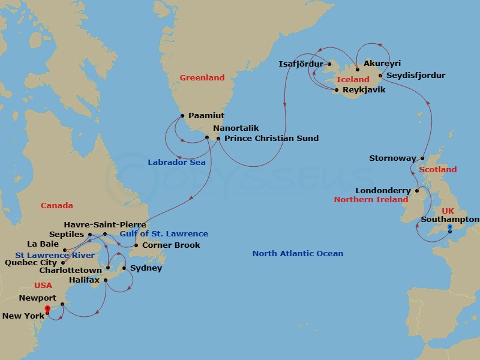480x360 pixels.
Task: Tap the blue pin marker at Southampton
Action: point(449,228)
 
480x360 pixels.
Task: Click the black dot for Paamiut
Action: point(182,116)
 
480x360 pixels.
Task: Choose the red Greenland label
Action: point(202,77)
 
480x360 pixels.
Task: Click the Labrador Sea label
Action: point(176,162)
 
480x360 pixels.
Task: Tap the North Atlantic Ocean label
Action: point(298,254)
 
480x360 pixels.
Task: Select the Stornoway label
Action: point(392,158)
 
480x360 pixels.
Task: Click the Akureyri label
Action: point(382,64)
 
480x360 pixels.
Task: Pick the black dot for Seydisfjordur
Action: point(380,76)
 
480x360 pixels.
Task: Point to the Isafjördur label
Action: point(301,64)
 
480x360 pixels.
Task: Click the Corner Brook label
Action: point(171,245)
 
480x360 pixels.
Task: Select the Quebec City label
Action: point(31,263)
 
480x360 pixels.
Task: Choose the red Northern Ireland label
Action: point(371,199)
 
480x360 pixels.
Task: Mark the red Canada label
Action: point(57,206)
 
